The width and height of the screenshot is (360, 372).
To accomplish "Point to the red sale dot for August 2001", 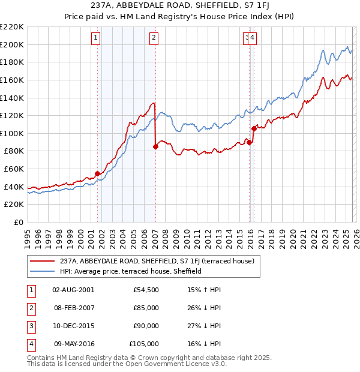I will pos(97,173).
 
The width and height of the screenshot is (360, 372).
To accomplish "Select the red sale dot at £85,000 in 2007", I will pos(155,146).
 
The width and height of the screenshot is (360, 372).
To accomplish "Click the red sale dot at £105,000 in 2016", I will pos(254,128).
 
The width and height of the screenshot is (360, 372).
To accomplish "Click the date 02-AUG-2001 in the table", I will pos(73,290).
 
